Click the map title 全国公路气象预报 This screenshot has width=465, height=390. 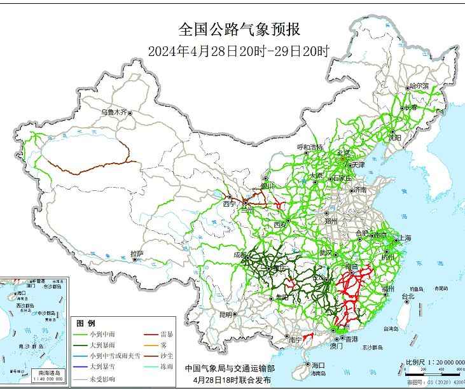[238, 29]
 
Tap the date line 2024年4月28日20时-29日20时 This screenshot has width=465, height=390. [238, 52]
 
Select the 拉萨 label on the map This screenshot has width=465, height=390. [137, 254]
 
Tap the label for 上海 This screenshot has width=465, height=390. [404, 238]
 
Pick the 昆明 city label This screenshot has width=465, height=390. [226, 314]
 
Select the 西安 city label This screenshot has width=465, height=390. [281, 225]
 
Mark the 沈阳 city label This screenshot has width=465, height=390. [395, 137]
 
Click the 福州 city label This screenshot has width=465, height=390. [388, 289]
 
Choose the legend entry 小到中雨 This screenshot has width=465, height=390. [101, 334]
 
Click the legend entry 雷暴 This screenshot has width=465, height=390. [168, 334]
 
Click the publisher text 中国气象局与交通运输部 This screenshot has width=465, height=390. [230, 368]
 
